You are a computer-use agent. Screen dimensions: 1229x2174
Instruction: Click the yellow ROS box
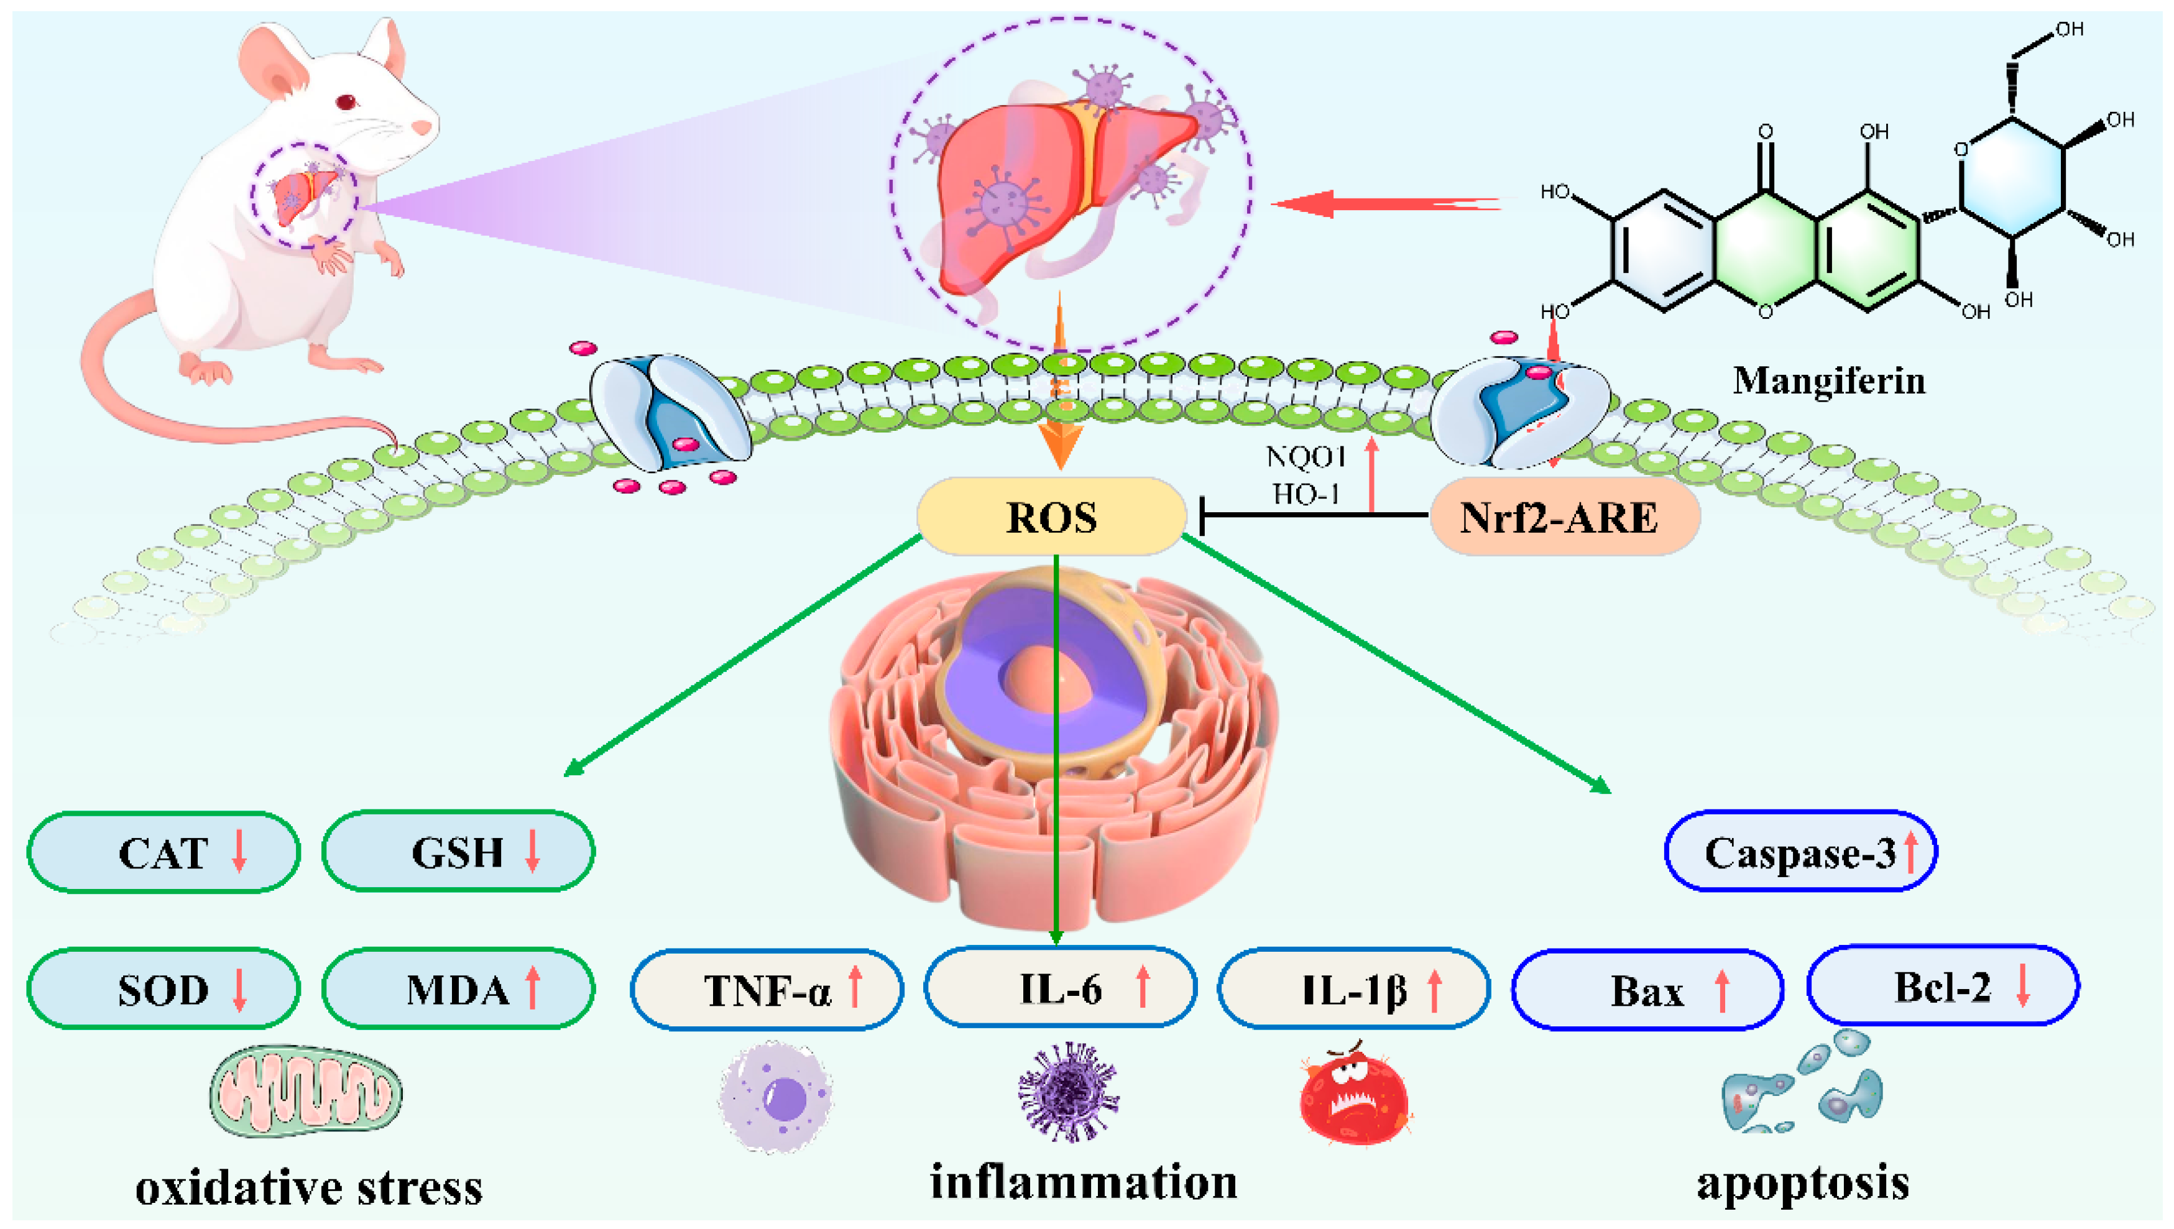pos(1051,517)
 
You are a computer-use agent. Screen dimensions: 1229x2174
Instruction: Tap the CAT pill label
pos(164,852)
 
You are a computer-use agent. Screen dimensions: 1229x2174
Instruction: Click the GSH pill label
pos(458,852)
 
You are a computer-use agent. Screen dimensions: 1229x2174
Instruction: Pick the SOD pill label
pos(164,989)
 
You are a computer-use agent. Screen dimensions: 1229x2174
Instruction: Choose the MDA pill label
pos(458,989)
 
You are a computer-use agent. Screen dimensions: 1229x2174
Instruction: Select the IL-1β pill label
pos(1353,989)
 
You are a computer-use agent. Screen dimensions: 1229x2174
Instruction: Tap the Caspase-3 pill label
pos(1800,852)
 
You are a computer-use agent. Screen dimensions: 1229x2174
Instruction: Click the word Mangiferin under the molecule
pos(1829,380)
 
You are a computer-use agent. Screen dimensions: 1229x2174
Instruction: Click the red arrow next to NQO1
pos(1371,474)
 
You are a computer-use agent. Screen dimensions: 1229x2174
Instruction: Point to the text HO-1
pos(1306,494)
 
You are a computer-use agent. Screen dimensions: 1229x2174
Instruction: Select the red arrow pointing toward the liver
pos(1384,203)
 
